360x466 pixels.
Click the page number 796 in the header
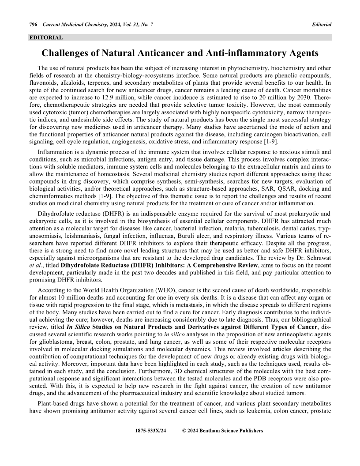click(33, 24)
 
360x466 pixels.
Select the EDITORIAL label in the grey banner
click(46, 38)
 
